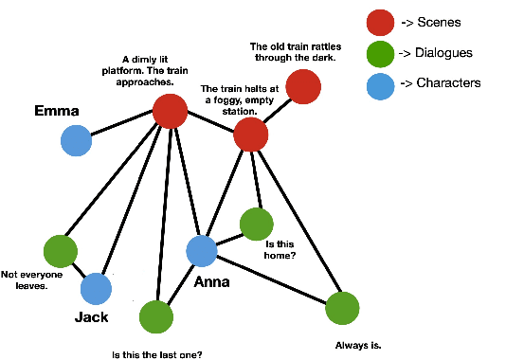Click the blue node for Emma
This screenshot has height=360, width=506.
76,141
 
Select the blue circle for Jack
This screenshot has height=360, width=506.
96,289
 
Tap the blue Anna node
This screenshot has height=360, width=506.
202,251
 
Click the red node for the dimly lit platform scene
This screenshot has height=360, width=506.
170,112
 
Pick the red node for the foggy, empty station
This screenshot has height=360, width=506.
250,135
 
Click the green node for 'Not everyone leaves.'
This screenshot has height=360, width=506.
60,251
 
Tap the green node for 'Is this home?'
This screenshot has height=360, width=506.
256,224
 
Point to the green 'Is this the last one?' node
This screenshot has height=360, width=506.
156,316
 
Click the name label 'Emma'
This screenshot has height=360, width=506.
57,111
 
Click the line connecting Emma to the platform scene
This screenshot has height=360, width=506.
123,126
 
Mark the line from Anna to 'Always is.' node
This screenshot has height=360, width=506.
272,280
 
